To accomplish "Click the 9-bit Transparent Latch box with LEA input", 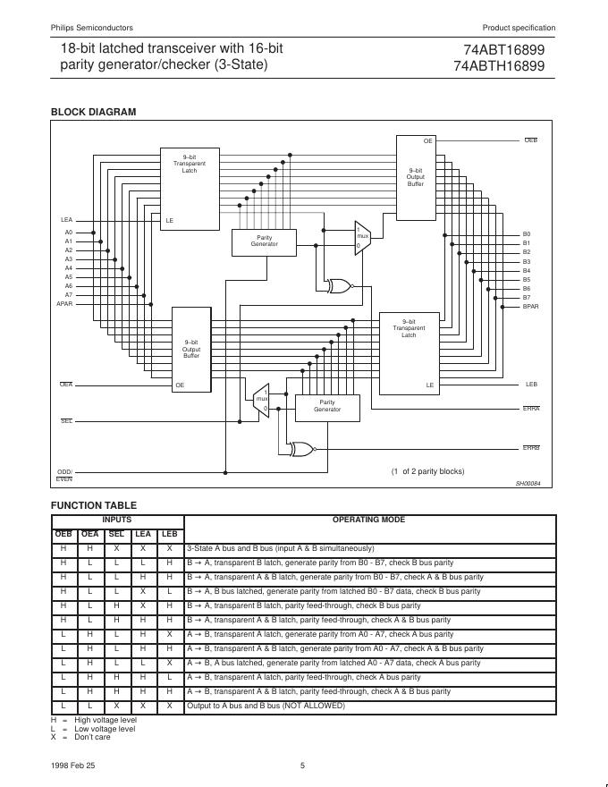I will coord(190,189).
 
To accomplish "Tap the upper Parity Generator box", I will coord(264,241).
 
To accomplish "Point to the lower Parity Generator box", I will coord(327,407).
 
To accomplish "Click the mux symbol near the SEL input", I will coord(262,401).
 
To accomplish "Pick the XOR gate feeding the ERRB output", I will coord(301,448).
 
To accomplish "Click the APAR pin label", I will coord(64,304).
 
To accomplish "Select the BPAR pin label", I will coord(530,307).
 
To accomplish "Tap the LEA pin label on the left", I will coord(66,220).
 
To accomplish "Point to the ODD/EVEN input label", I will coord(64,475).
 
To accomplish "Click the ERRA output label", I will coord(531,409).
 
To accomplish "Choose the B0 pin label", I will coord(527,234).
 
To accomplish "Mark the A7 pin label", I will coord(68,295).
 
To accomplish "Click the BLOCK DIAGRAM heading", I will coord(93,112).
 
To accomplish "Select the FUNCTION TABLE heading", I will coord(93,505).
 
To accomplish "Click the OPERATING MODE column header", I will coord(368,520).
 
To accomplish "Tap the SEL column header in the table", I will coord(116,534).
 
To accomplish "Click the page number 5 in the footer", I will coord(302,765).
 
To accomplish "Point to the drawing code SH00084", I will coord(528,484).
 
